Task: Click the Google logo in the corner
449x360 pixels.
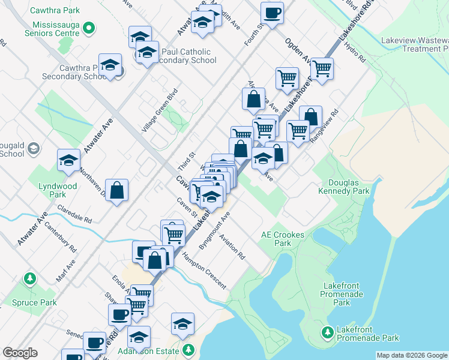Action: coord(20,353)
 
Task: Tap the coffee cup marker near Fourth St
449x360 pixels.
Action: coord(272,13)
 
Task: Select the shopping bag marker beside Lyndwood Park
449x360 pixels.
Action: coord(116,190)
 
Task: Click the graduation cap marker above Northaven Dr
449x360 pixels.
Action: coord(69,161)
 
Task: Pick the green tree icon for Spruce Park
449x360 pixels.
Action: coord(29,279)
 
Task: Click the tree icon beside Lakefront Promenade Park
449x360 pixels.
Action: coord(327,332)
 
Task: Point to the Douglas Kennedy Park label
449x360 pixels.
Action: coord(349,187)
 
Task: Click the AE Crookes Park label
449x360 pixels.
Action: coord(283,239)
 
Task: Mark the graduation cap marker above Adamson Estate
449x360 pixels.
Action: coord(182,325)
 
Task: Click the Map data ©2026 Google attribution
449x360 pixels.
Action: coord(412,355)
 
